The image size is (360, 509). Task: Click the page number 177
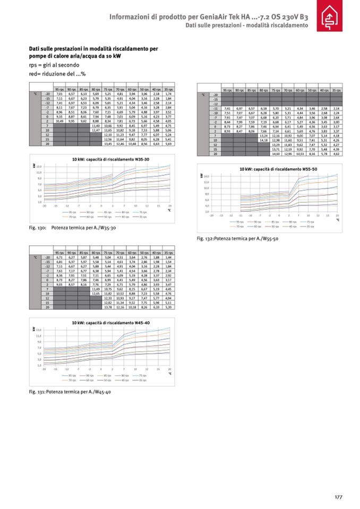(338, 497)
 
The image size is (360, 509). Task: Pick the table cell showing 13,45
(109, 143)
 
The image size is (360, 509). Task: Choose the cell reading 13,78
(109, 307)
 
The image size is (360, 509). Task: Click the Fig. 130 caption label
(38, 227)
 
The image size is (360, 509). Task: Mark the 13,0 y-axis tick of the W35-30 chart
(39, 166)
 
